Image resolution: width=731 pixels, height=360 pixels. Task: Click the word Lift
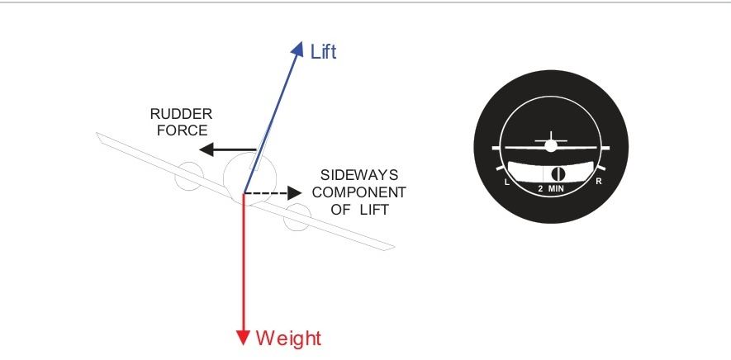[323, 52]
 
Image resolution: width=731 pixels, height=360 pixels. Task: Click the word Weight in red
[288, 338]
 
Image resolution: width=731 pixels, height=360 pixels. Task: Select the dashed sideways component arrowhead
[293, 194]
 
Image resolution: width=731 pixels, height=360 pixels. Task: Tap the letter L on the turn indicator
[505, 180]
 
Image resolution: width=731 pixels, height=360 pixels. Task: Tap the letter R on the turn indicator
[598, 180]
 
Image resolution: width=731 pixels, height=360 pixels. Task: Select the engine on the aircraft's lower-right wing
[296, 218]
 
